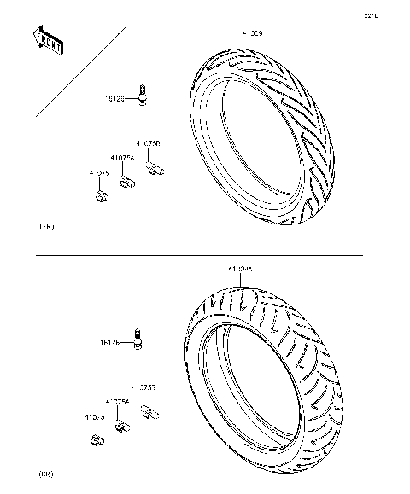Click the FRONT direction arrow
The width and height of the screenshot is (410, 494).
[48, 41]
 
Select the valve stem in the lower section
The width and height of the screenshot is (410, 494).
[136, 338]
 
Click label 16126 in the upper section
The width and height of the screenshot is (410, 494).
[115, 99]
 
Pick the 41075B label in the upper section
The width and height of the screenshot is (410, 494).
[149, 144]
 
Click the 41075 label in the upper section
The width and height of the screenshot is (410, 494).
[99, 173]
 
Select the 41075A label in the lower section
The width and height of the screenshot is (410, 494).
[117, 401]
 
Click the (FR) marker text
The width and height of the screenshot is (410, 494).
[47, 228]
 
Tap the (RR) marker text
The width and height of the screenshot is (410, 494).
[47, 472]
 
